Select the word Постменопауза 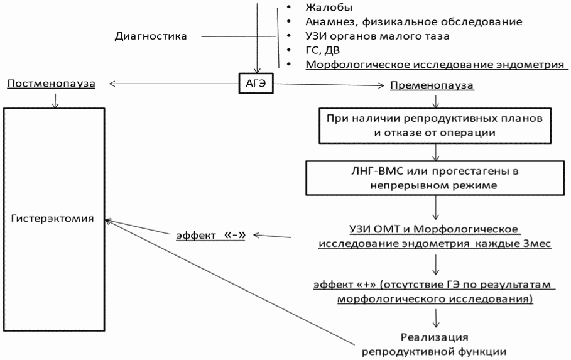click(52, 84)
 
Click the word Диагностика click(151, 36)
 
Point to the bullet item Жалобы click(329, 8)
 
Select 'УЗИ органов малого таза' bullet click(377, 36)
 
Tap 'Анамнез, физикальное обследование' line click(413, 22)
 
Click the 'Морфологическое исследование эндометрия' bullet click(433, 65)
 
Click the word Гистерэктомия click(53, 219)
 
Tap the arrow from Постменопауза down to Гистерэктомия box click(55, 100)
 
